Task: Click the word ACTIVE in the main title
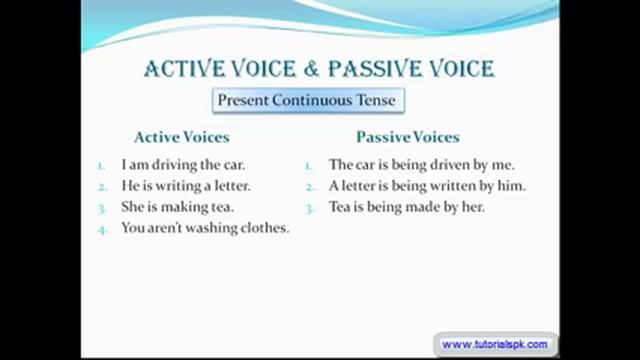191,69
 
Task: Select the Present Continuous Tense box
306,100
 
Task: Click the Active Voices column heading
181,137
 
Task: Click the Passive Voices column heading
407,137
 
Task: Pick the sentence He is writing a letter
186,186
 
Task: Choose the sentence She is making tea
177,207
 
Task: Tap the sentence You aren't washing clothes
205,228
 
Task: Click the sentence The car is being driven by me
421,164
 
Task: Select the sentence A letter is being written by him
427,186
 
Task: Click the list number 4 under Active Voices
102,229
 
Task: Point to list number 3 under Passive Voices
310,208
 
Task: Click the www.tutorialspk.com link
494,344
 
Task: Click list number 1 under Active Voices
102,165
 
